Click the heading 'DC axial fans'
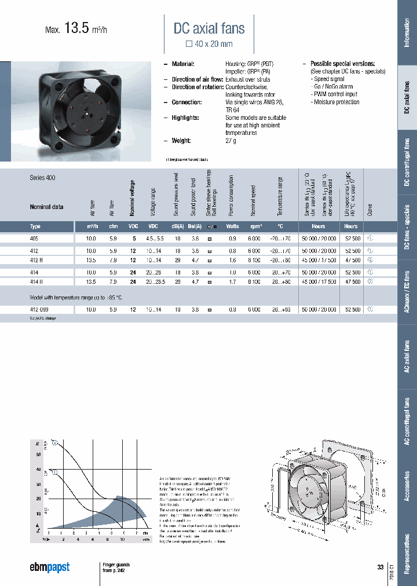click(209, 28)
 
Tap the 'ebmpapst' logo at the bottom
click(49, 567)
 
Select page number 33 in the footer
click(380, 567)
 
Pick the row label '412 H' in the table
click(36, 261)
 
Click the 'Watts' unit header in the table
click(232, 226)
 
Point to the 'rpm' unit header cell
click(254, 226)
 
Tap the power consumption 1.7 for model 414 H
click(232, 282)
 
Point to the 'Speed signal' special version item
click(329, 79)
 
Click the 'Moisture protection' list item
click(336, 102)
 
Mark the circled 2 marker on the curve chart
click(54, 444)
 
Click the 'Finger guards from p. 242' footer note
click(116, 567)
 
